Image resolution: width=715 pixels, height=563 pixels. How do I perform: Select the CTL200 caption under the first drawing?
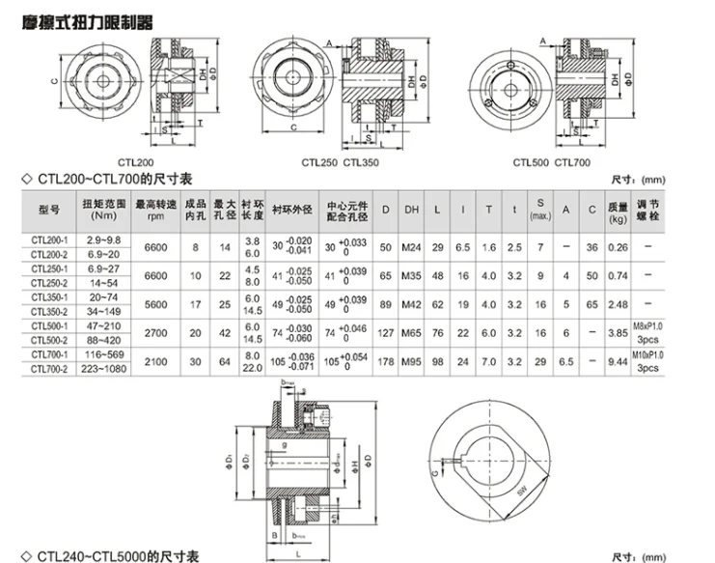134,162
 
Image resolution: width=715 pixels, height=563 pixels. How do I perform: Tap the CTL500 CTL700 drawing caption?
551,162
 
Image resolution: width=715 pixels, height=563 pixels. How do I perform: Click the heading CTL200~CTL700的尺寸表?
115,180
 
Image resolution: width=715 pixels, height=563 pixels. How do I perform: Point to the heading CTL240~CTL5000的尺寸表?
119,555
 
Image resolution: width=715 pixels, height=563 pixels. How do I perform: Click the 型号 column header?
48,210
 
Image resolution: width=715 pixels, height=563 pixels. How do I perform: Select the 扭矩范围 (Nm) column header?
103,210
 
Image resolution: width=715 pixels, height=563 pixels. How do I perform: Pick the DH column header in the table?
411,210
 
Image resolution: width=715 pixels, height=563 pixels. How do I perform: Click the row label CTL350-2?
48,312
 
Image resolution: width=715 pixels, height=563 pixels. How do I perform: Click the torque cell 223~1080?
103,370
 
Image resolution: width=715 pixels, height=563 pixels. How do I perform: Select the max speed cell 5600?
154,305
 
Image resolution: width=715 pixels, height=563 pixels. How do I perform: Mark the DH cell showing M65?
411,334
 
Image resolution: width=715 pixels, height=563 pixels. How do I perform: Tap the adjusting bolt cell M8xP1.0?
649,327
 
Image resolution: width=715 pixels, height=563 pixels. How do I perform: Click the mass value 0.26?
617,247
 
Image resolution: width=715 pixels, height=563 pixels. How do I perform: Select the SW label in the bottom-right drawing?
523,493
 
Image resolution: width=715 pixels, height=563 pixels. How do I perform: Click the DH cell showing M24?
411,247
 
